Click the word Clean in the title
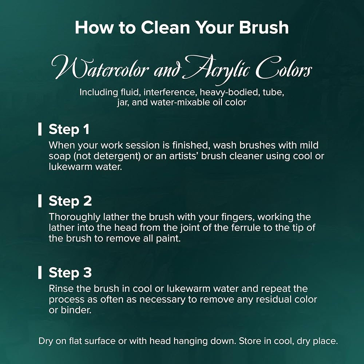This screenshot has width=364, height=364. (165, 28)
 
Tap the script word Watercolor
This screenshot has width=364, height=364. (100, 68)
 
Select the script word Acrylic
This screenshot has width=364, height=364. (216, 69)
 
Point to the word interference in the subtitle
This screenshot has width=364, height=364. (169, 92)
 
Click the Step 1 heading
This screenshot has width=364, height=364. (69, 129)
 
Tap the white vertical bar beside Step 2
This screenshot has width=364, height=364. (40, 201)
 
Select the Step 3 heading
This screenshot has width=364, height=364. (70, 273)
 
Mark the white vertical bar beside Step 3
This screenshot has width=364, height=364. (40, 273)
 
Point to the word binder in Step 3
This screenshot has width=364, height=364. (76, 310)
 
